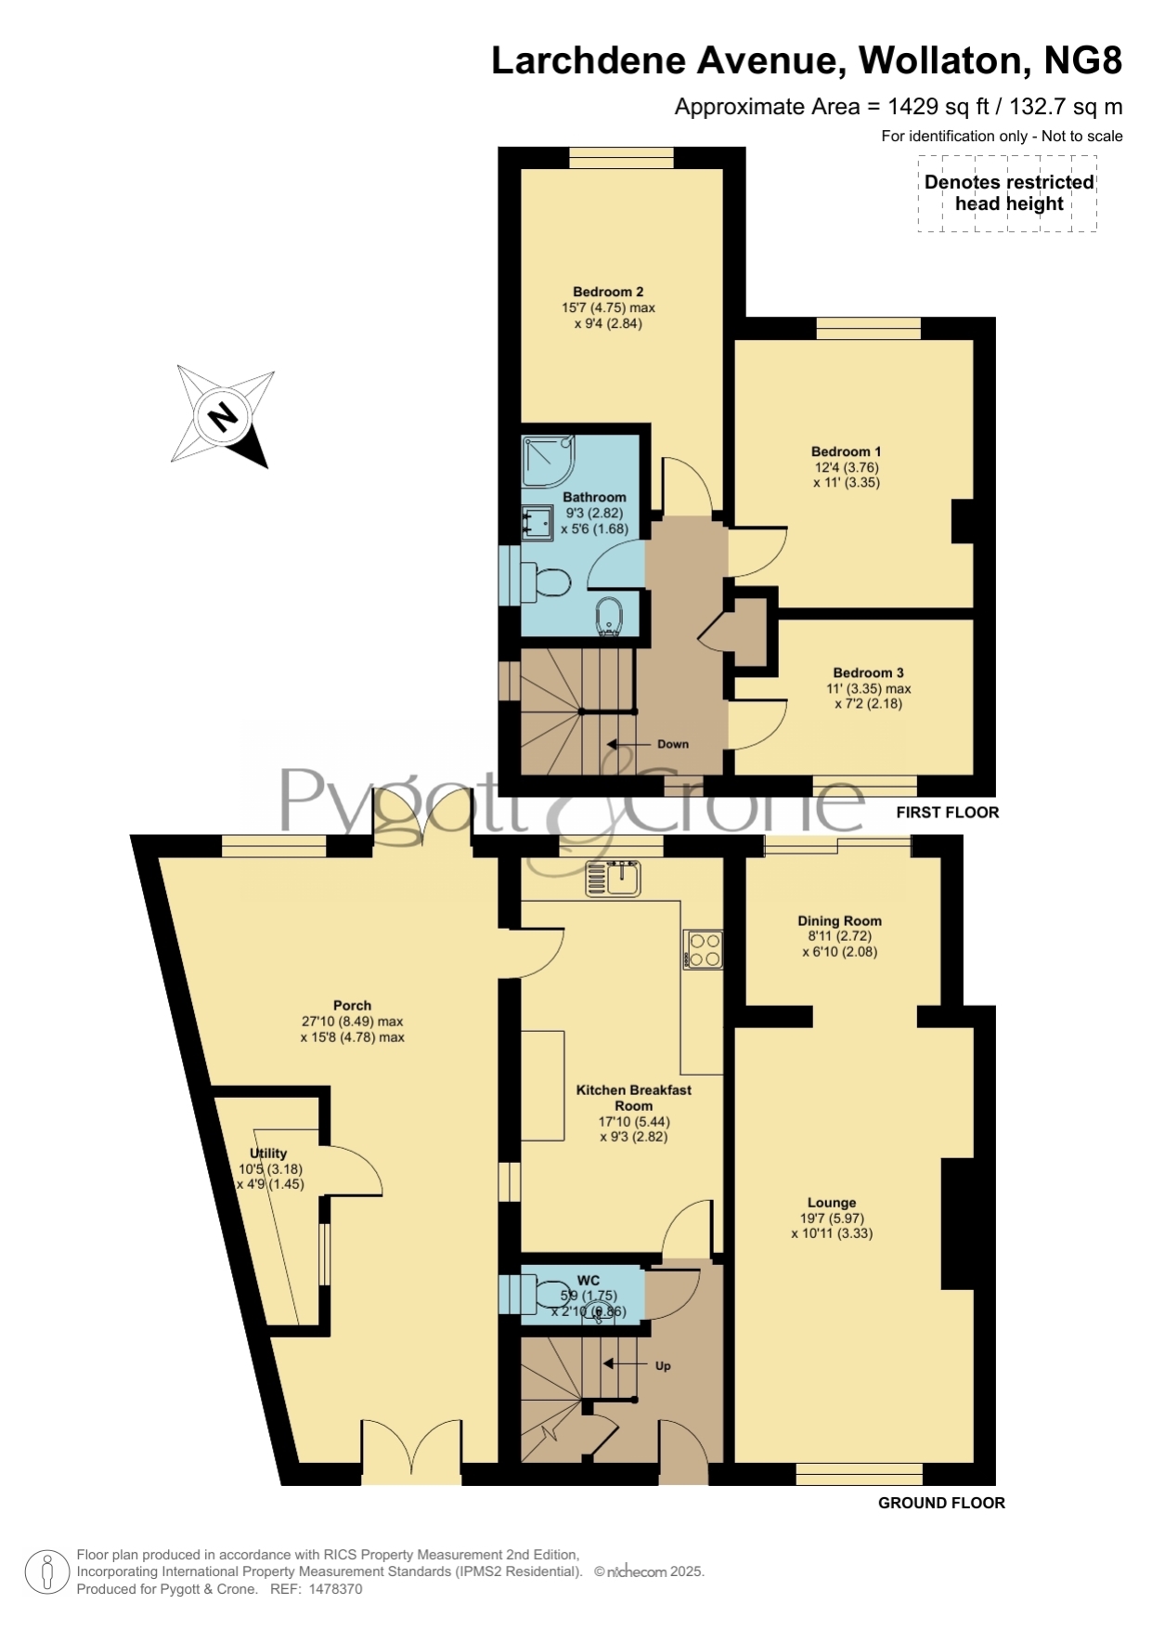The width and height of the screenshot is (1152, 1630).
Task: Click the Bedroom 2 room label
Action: pos(608,292)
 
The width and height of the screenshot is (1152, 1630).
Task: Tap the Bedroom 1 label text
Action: pos(846,451)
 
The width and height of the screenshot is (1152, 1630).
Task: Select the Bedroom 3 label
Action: pos(868,672)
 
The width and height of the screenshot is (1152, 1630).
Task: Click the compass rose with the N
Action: pos(224,415)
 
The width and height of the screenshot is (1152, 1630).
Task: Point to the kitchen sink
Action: pos(614,878)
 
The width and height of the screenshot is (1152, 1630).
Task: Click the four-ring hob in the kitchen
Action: pos(704,949)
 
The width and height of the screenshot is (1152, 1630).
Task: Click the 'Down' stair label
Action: pos(673,744)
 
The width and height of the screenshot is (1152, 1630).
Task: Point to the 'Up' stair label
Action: pos(663,1366)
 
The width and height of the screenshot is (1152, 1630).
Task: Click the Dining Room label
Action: pos(839,920)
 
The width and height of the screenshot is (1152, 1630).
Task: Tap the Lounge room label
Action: pos(832,1202)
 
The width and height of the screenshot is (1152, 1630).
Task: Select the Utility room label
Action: pos(268,1153)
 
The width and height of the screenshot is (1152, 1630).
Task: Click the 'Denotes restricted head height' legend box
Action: pos(1008,193)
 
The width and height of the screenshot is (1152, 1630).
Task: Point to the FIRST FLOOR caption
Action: pos(948,812)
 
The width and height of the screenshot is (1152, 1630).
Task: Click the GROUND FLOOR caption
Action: pos(941,1503)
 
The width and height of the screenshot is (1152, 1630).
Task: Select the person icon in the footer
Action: pos(46,1572)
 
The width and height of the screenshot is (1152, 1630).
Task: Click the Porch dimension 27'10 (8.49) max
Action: pos(352,1021)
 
